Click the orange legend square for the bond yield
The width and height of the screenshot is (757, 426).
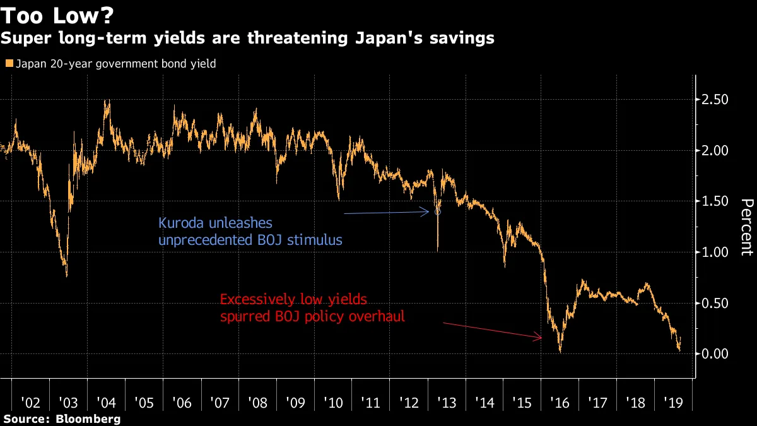point(9,64)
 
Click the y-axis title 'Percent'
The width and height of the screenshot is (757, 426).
point(747,227)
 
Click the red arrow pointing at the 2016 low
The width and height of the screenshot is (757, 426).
point(492,331)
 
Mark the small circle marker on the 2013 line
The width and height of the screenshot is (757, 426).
point(437,212)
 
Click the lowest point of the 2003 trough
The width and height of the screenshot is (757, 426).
point(67,276)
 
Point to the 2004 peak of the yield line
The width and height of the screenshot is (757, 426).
point(107,100)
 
